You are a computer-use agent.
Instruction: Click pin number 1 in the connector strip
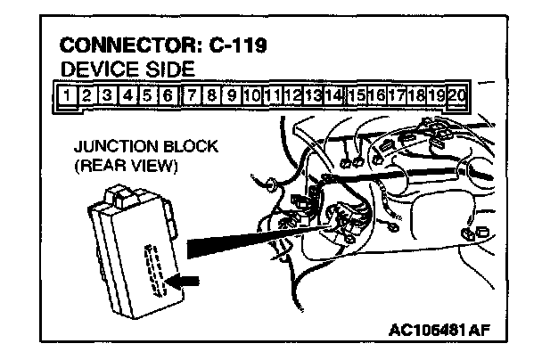click(66, 94)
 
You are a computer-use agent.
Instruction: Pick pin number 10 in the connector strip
click(250, 94)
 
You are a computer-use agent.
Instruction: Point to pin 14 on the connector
click(333, 94)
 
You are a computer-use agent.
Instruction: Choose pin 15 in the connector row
click(357, 94)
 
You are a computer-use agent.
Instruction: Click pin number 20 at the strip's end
click(458, 94)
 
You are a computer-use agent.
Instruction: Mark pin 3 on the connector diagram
click(106, 94)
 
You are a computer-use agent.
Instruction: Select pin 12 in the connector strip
click(292, 94)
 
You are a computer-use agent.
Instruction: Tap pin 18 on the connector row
click(416, 94)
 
